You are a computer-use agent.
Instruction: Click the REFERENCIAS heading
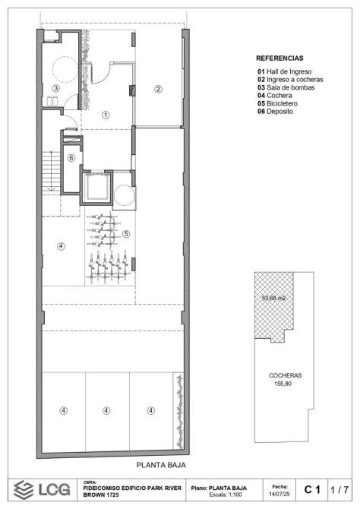click(x=279, y=58)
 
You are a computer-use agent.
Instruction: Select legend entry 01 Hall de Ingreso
click(x=284, y=71)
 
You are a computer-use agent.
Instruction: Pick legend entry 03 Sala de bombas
click(x=286, y=87)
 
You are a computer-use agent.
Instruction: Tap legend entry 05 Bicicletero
click(x=277, y=103)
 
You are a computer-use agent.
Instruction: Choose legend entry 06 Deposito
click(x=275, y=112)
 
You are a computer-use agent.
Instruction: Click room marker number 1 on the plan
click(x=106, y=115)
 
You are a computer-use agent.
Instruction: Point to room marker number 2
click(x=158, y=89)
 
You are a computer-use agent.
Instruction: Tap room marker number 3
click(x=56, y=88)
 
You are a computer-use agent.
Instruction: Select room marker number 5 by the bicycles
click(x=126, y=234)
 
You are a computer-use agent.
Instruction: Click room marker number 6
click(x=71, y=158)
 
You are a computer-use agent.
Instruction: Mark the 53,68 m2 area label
click(x=273, y=298)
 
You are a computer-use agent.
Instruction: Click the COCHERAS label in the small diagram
click(x=286, y=375)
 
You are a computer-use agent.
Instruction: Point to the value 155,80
click(x=283, y=384)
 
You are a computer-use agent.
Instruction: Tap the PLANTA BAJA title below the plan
click(x=161, y=465)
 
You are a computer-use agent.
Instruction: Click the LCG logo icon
click(x=24, y=489)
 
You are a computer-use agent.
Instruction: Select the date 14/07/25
click(x=279, y=493)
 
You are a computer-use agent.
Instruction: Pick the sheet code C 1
click(x=312, y=489)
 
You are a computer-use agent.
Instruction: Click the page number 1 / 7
click(x=339, y=489)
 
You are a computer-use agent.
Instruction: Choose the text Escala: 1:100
click(x=226, y=495)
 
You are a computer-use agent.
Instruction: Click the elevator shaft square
click(x=96, y=188)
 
